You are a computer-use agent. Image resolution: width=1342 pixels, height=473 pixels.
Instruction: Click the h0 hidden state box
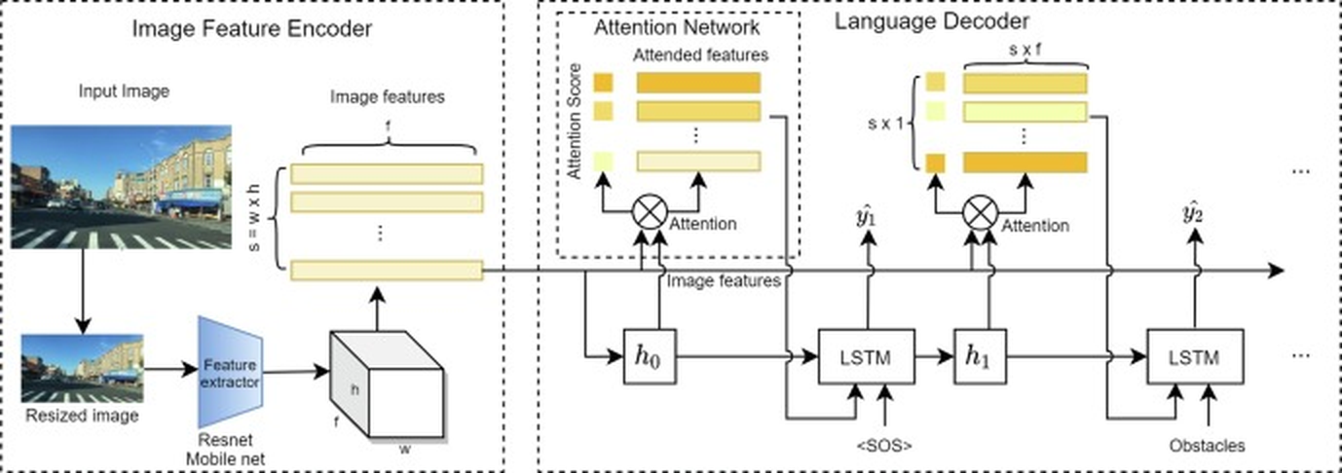[650, 357]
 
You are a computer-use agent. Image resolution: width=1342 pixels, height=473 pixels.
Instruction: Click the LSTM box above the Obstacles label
[1195, 357]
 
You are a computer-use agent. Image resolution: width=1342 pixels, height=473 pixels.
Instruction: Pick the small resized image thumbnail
[83, 368]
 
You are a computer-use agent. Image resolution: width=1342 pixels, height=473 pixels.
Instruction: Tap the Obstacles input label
[1208, 447]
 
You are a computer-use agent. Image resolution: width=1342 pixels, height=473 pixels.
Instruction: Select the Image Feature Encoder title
[252, 28]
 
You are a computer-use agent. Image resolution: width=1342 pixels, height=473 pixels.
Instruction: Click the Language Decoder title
[932, 20]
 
